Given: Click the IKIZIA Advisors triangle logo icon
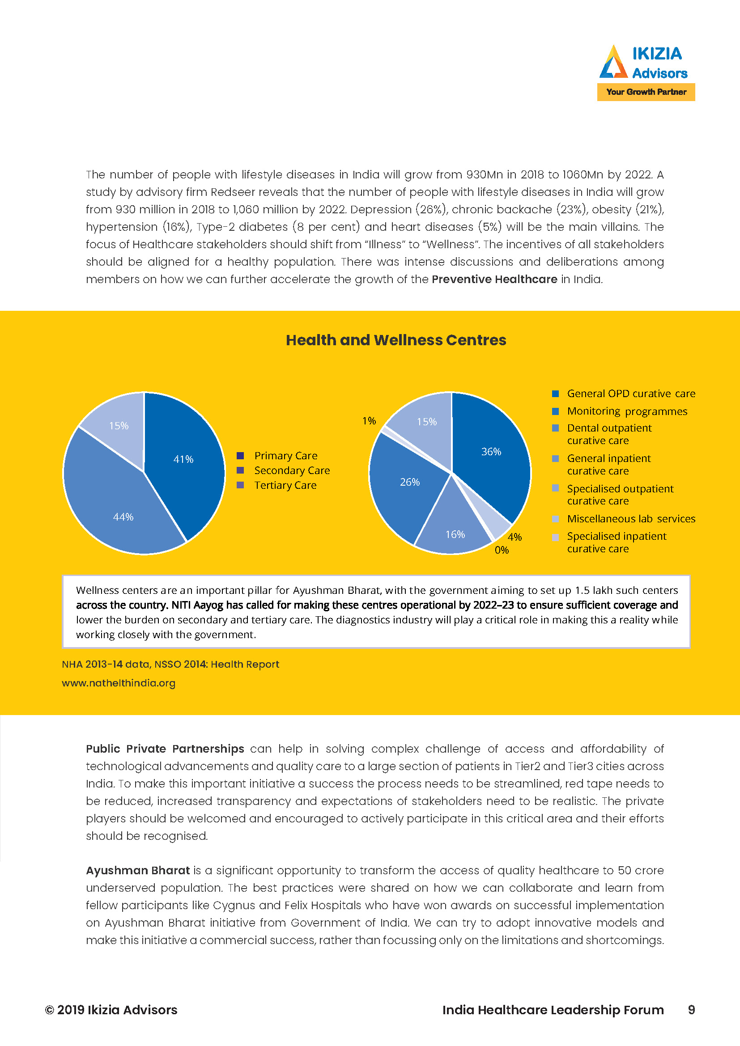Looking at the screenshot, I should point(613,63).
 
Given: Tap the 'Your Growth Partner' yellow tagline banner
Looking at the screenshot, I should point(646,92).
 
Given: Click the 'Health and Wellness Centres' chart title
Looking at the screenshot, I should point(396,340).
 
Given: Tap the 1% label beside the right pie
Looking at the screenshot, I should point(369,421).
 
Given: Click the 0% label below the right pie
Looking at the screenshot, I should point(502,551).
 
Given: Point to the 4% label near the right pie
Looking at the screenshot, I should point(515,537).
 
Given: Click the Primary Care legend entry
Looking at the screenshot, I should point(285,456).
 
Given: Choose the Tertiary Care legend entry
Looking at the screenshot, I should point(285,485).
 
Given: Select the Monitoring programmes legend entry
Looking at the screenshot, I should point(626,411).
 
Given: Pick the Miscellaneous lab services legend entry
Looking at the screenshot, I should point(631,519).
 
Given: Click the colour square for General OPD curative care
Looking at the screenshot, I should point(555,394).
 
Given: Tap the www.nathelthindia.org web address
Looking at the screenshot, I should point(119,683).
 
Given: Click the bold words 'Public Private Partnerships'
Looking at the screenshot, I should point(165,749).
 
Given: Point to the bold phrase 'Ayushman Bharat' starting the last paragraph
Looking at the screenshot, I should point(138,871).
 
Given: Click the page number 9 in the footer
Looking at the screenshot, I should point(691,1010).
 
